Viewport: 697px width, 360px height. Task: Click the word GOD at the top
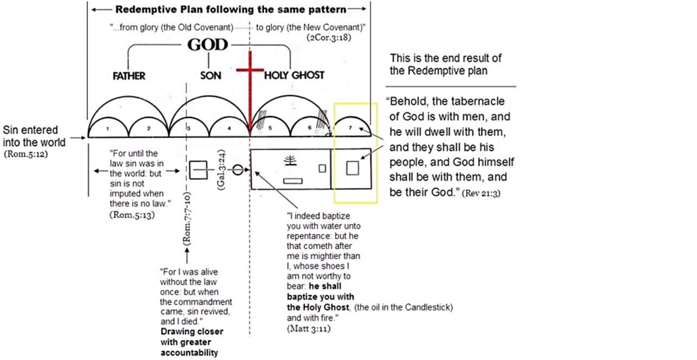207,45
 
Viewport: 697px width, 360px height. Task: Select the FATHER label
129,76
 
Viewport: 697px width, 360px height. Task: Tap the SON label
211,76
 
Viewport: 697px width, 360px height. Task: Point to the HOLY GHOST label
294,76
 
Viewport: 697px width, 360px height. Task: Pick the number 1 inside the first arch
108,128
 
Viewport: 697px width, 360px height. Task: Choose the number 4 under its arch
229,128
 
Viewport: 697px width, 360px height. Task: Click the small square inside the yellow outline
353,168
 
